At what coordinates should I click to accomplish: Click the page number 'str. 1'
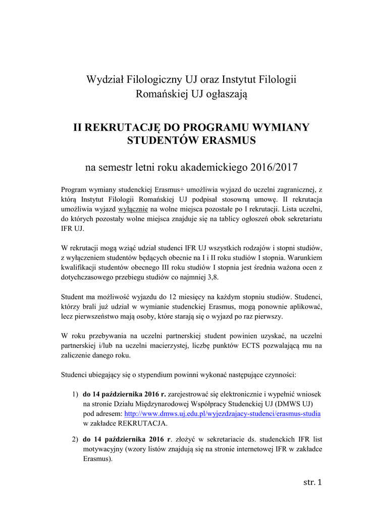pos(312,482)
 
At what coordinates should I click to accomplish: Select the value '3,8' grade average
pos(214,278)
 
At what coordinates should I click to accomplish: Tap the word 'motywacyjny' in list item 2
pos(102,449)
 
